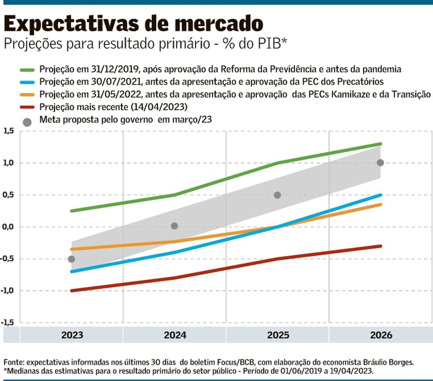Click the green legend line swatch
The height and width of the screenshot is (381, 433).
click(x=27, y=69)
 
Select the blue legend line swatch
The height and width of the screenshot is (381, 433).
click(x=27, y=82)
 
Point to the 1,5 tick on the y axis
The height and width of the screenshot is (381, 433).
click(x=8, y=131)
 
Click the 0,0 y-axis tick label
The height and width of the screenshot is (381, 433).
click(x=8, y=227)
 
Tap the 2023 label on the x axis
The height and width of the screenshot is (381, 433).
click(x=72, y=335)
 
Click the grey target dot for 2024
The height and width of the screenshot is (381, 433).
click(x=174, y=226)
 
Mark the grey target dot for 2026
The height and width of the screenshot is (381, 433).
click(x=381, y=163)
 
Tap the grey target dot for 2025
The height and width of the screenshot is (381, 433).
click(x=278, y=195)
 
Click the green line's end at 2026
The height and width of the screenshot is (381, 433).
click(x=381, y=144)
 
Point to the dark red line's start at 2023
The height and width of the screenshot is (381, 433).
click(x=71, y=291)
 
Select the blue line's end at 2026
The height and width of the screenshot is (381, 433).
click(x=381, y=195)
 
